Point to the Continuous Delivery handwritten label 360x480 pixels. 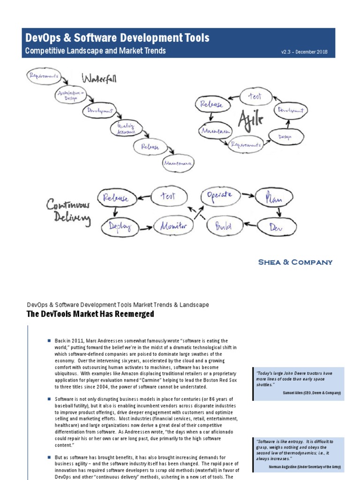click(x=67, y=212)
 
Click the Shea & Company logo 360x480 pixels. click(x=295, y=262)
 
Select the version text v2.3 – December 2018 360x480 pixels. click(x=304, y=52)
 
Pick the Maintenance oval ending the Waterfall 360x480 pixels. click(x=178, y=163)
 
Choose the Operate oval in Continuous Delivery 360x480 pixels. click(x=219, y=196)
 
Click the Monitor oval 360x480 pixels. click(x=174, y=226)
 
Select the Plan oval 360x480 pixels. click(x=274, y=197)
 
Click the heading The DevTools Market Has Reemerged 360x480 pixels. click(x=90, y=314)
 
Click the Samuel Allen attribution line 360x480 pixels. click(x=312, y=392)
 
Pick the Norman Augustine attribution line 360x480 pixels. click(x=305, y=467)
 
